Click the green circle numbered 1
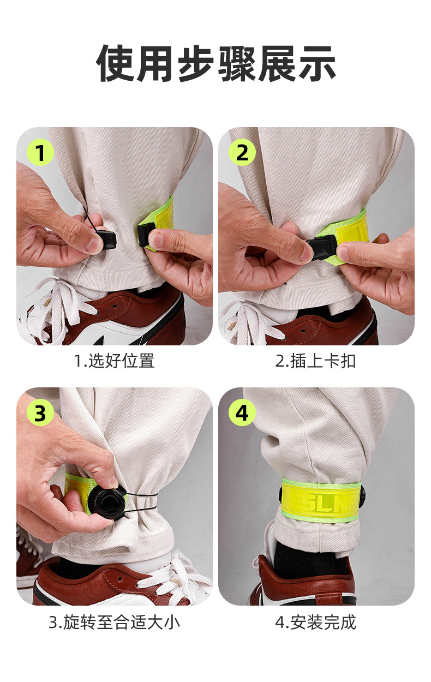[x=40, y=152]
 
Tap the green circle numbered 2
[x=242, y=152]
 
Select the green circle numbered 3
[x=40, y=413]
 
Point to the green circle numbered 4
[x=242, y=413]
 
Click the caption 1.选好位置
[x=115, y=361]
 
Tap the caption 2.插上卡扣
[x=315, y=361]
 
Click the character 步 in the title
[x=196, y=64]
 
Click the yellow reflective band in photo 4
[x=321, y=498]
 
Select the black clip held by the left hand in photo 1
[x=106, y=240]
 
